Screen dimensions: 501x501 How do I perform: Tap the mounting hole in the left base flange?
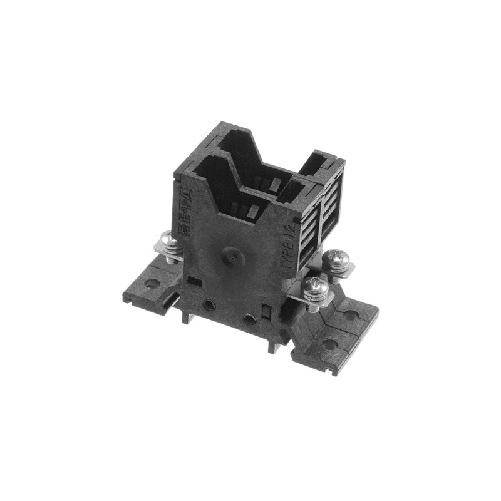click(x=151, y=282)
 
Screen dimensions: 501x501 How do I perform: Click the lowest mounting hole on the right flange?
click(x=329, y=344)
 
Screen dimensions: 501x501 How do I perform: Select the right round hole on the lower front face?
click(x=249, y=318)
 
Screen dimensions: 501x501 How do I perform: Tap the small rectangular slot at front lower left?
click(x=193, y=281)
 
